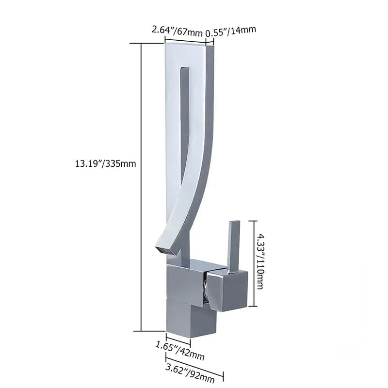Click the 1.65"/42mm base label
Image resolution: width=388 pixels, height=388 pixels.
point(180,351)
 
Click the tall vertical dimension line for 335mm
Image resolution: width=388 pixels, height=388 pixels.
point(141,187)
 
